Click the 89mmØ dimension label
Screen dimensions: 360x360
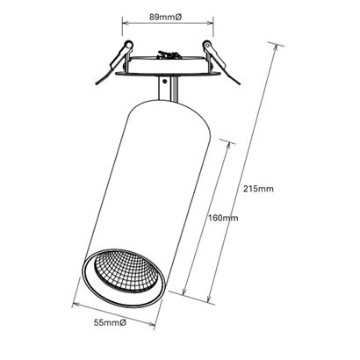tap(166, 17)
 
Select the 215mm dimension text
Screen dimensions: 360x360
tap(258, 189)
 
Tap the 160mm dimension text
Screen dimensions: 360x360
tap(223, 218)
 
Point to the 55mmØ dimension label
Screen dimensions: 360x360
tap(110, 323)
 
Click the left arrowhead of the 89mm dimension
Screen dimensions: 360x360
tap(126, 23)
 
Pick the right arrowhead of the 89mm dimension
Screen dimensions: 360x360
tap(210, 23)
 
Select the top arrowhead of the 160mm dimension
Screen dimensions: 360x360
tap(227, 147)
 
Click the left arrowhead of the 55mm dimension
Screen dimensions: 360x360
tap(76, 304)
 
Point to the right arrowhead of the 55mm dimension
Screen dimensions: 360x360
tap(151, 324)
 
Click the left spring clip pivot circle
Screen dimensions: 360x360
tap(128, 45)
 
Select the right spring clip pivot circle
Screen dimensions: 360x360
tap(207, 45)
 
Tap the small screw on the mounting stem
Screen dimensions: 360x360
tap(165, 80)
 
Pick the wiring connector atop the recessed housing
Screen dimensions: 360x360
tap(168, 54)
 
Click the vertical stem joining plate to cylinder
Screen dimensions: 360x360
tap(168, 89)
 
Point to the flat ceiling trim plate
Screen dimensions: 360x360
tap(168, 73)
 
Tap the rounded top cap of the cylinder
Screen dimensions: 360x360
tap(169, 112)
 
